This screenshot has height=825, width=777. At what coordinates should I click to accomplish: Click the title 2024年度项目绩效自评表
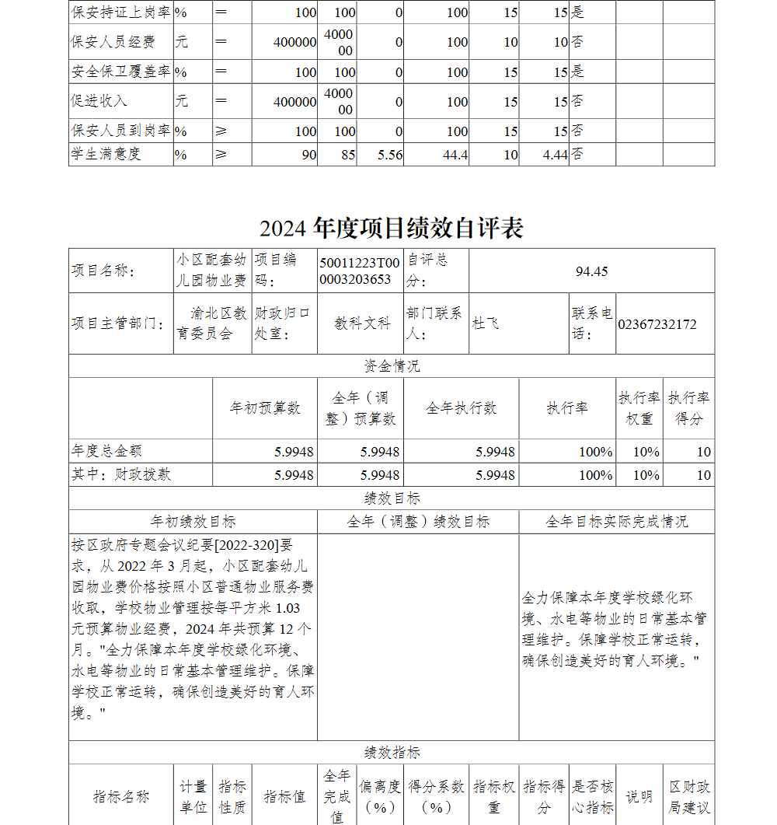[x=391, y=228]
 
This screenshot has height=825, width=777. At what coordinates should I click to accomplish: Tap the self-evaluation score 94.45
[x=591, y=271]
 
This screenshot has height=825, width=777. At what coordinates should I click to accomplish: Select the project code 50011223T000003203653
[x=360, y=271]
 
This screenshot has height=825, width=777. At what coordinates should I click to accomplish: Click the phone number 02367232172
[x=657, y=324]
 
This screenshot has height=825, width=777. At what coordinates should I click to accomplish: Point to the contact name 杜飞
[x=486, y=323]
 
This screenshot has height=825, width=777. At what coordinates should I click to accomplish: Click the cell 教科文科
[x=362, y=323]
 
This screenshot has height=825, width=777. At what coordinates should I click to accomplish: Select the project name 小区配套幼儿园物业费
[x=211, y=270]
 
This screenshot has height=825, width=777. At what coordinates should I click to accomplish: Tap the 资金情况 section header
[x=391, y=366]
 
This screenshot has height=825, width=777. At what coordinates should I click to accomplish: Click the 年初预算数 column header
[x=265, y=408]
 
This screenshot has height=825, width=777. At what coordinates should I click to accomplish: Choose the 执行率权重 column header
[x=639, y=408]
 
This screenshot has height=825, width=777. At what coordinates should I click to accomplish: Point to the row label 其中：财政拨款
[x=122, y=474]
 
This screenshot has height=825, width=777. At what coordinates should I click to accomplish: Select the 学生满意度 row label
[x=106, y=154]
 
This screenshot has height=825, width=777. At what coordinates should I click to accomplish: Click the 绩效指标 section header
[x=391, y=752]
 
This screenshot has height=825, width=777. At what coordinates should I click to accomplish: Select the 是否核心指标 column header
[x=592, y=797]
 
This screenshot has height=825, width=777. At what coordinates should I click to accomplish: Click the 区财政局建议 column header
[x=688, y=797]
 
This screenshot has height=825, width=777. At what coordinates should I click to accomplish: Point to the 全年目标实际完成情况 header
[x=616, y=522]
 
